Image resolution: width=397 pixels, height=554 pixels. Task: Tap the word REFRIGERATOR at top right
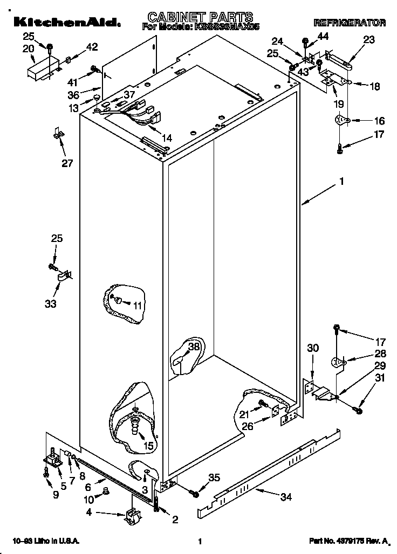coord(349,23)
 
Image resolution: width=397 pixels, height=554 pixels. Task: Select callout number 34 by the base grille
coord(286,496)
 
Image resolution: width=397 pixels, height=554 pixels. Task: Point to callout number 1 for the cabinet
coord(341,182)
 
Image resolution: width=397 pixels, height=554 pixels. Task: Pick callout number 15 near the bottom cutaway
coord(148,445)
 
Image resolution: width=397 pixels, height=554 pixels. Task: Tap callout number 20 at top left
coord(28,49)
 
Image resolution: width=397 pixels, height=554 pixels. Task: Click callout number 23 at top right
coord(369,39)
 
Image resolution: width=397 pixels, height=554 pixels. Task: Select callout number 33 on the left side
coord(50,304)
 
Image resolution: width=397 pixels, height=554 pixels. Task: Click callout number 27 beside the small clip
coord(66,163)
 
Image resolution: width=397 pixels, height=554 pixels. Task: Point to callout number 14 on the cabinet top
coord(167,138)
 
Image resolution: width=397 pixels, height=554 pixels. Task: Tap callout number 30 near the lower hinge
coord(313,349)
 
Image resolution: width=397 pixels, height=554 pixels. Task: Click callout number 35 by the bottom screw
coord(214,477)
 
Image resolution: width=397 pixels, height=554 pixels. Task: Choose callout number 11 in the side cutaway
coord(138,305)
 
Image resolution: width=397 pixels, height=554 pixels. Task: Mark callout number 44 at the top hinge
coord(323,36)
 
